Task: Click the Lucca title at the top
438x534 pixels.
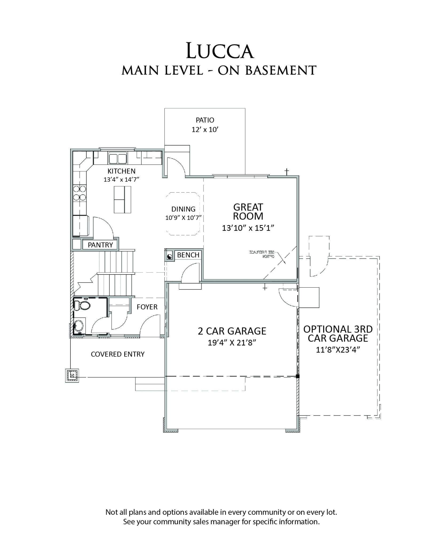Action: [219, 51]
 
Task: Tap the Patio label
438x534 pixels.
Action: [205, 120]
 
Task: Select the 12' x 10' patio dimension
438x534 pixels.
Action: [205, 130]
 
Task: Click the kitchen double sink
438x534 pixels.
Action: [117, 158]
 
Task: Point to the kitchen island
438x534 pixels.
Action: [123, 199]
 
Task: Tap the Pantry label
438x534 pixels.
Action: [100, 245]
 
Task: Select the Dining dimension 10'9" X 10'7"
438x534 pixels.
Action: [183, 218]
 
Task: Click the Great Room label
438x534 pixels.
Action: [248, 211]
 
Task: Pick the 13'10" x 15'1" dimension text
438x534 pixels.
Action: [248, 228]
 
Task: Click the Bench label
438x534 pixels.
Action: [188, 255]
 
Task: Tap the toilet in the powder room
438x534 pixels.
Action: [82, 305]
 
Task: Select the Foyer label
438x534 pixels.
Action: [147, 307]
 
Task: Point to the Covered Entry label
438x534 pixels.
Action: [118, 354]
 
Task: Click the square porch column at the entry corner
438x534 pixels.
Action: [72, 376]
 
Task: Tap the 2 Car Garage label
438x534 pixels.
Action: [232, 331]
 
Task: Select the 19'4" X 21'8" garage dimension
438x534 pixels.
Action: [232, 343]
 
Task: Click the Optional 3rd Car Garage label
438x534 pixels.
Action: [338, 333]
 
